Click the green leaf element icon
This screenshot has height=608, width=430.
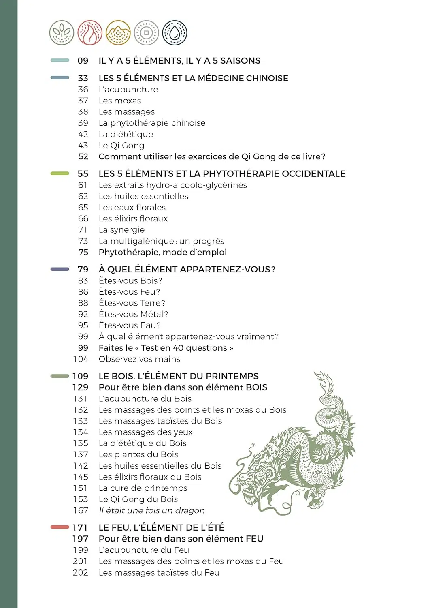(62, 33)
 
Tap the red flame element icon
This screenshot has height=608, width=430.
(90, 33)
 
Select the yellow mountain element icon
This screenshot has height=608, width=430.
(118, 33)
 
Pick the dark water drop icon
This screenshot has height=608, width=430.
(175, 33)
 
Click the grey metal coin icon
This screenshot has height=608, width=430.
(146, 33)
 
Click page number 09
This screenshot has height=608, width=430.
(83, 61)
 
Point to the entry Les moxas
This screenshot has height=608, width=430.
(120, 101)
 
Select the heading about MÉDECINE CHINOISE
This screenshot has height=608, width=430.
(193, 78)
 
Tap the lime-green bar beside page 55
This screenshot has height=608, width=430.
(60, 173)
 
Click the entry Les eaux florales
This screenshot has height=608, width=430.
(132, 207)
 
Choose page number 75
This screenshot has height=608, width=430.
(83, 252)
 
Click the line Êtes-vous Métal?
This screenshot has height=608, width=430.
(133, 314)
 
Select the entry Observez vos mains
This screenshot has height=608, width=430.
(139, 359)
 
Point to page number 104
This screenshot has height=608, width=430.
(81, 359)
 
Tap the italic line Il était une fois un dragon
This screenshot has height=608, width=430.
(152, 510)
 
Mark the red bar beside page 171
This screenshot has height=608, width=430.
(60, 527)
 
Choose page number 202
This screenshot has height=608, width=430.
(81, 572)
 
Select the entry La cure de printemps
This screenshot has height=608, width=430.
(143, 488)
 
